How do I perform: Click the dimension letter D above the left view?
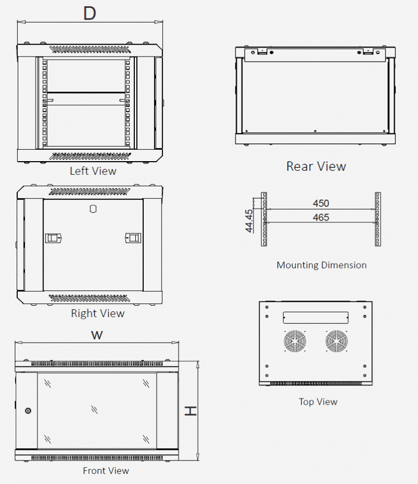[x=90, y=13]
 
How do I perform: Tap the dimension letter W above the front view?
[x=97, y=335]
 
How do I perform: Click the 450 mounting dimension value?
[x=321, y=204]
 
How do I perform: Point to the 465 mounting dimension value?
[x=321, y=217]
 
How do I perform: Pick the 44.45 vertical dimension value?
[x=249, y=220]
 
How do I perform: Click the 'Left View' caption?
[x=93, y=171]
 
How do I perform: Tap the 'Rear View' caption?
[x=316, y=166]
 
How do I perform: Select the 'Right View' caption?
[x=98, y=313]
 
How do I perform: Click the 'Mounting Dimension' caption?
[x=321, y=265]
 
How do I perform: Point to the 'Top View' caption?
[x=318, y=402]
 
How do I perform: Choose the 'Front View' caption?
[x=106, y=471]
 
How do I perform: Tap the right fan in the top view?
[x=336, y=342]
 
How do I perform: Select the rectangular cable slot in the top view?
[x=315, y=317]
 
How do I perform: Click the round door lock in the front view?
[x=28, y=411]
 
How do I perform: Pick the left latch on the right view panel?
[x=53, y=239]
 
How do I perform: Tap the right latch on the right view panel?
[x=134, y=239]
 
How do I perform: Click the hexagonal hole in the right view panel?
[x=93, y=209]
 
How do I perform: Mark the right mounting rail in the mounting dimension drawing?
[x=377, y=219]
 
